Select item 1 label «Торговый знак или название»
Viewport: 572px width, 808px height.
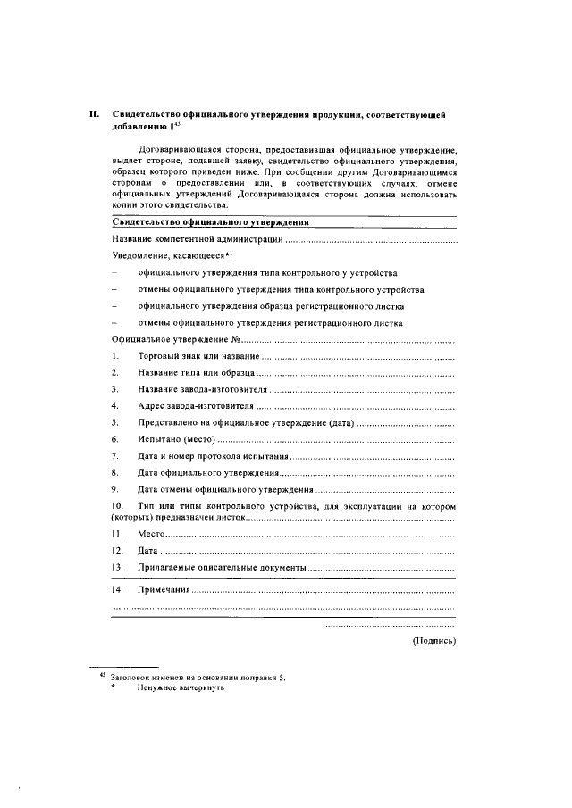[198, 356]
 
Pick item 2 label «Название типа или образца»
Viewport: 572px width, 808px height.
[196, 372]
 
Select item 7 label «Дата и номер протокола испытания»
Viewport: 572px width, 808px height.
[214, 456]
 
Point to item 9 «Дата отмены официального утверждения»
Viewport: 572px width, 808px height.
[225, 489]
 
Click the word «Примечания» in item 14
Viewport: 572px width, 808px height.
[164, 591]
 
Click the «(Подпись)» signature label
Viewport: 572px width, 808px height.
[433, 640]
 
